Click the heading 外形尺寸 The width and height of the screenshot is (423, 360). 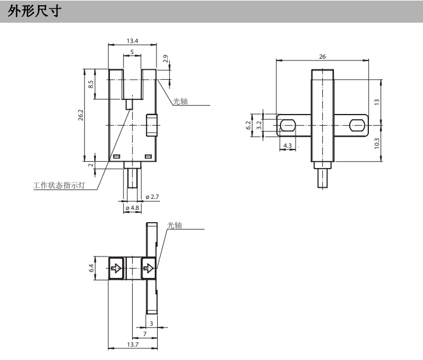point(34,11)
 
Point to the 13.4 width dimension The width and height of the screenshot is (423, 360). point(132,41)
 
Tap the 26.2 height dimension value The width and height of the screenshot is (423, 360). point(81,116)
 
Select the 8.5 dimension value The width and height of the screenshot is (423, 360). point(91,84)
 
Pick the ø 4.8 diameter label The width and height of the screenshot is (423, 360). point(132,208)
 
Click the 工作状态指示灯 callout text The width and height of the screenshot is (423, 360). point(59,186)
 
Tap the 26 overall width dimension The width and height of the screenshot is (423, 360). point(322,56)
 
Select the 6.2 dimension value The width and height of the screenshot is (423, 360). point(249,124)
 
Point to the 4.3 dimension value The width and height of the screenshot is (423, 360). point(287,145)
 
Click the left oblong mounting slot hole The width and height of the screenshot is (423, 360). point(287,124)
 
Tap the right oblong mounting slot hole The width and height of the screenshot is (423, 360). point(357,124)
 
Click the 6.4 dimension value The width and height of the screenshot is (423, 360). point(91,268)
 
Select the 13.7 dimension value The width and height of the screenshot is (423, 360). point(132,345)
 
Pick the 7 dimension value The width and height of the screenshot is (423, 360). point(145,334)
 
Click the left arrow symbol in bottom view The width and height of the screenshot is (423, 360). point(116,269)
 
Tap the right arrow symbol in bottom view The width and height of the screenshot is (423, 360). point(149,269)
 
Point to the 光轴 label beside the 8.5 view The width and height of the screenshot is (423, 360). point(180,101)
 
